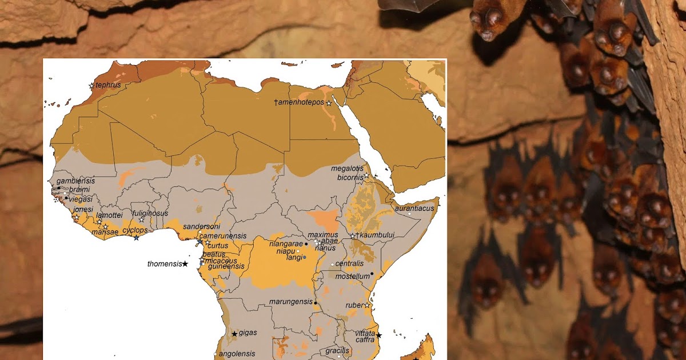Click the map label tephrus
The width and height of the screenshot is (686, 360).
pyautogui.click(x=108, y=85)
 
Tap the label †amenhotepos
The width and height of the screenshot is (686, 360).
pyautogui.click(x=300, y=102)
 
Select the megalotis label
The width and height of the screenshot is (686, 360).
pyautogui.click(x=347, y=169)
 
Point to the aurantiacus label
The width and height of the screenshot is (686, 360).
pyautogui.click(x=414, y=209)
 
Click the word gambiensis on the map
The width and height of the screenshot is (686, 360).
pyautogui.click(x=75, y=181)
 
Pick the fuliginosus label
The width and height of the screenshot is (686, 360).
pyautogui.click(x=150, y=213)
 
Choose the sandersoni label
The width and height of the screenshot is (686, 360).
pyautogui.click(x=201, y=227)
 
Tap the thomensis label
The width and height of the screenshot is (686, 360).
pyautogui.click(x=164, y=264)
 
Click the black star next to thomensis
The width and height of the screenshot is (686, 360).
pyautogui.click(x=185, y=264)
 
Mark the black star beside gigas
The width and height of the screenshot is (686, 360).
pyautogui.click(x=234, y=333)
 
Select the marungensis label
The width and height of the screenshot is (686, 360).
pyautogui.click(x=291, y=302)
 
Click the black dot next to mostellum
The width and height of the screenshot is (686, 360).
pyautogui.click(x=372, y=274)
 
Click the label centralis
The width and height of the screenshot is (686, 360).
pyautogui.click(x=349, y=263)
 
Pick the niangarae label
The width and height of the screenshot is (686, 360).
pyautogui.click(x=285, y=243)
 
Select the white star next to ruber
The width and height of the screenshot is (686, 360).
pyautogui.click(x=367, y=305)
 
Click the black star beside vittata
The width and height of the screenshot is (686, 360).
pyautogui.click(x=378, y=335)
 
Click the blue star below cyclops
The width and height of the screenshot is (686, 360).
pyautogui.click(x=136, y=238)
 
